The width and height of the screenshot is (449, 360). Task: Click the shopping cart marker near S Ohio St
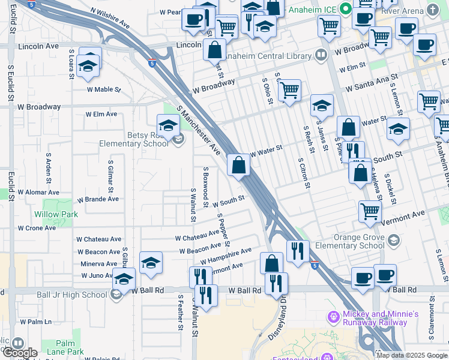tap(289, 91)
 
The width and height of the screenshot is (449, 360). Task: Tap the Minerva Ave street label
tap(99, 263)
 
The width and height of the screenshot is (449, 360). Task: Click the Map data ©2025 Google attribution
tap(412, 355)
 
